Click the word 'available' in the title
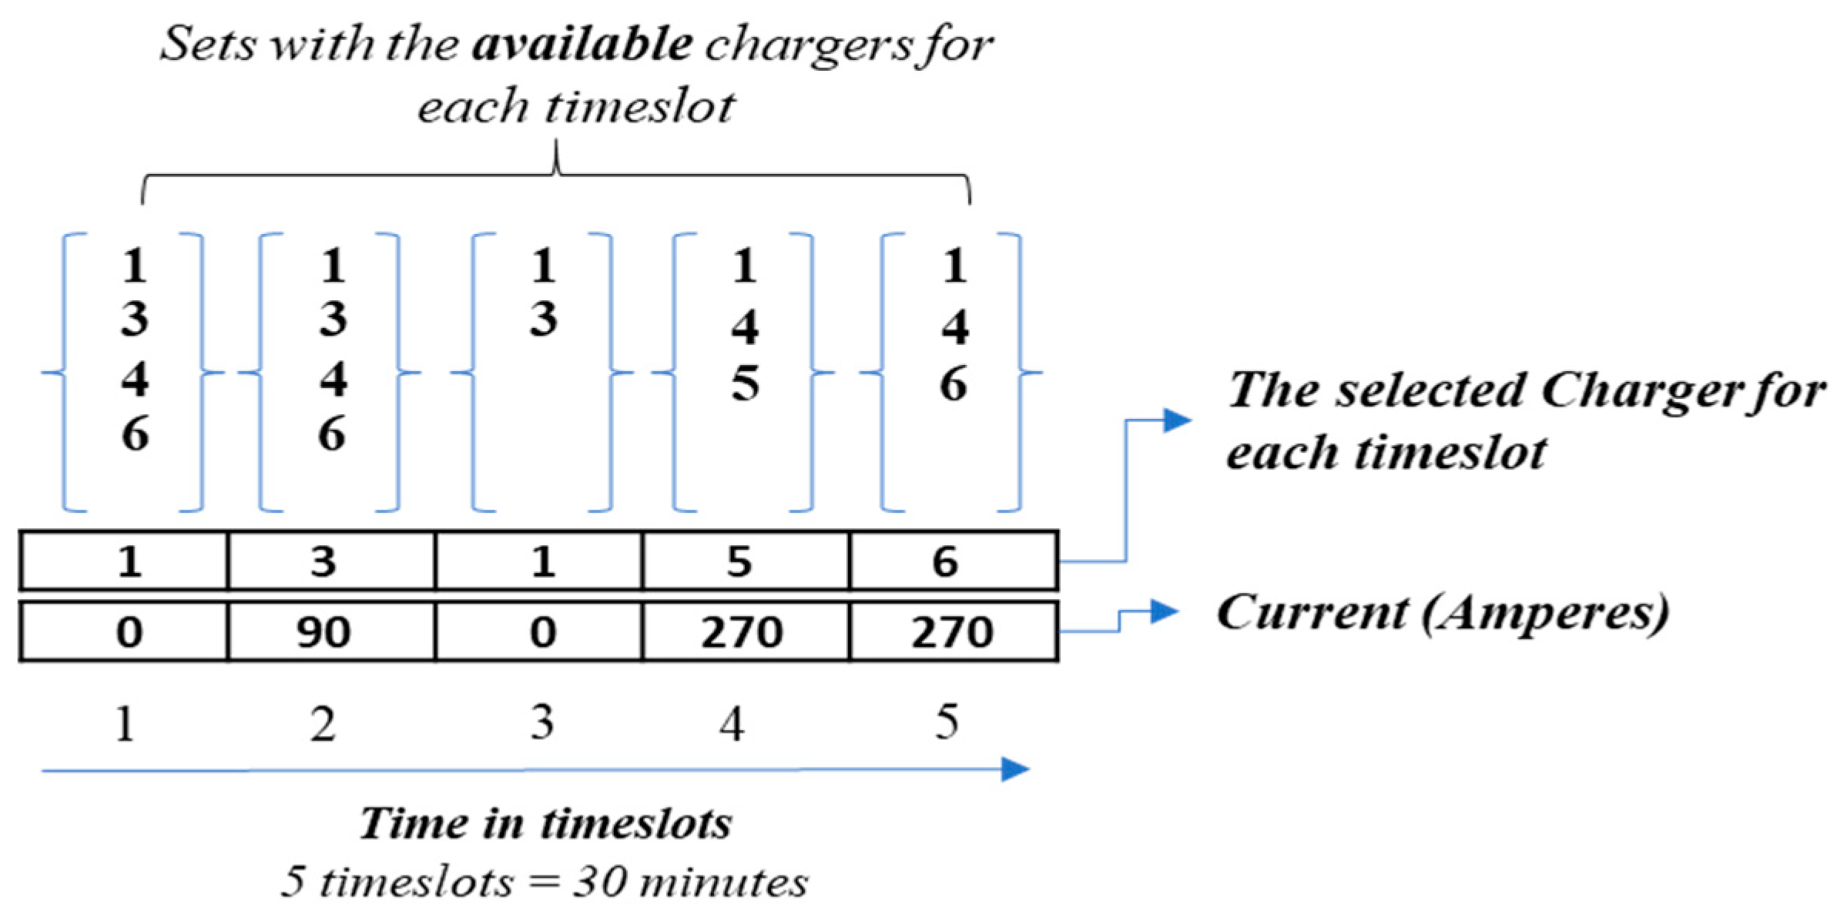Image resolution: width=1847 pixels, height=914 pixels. tap(582, 44)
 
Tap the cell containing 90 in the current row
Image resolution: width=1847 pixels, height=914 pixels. tap(323, 632)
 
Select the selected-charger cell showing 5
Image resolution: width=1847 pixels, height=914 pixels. tap(739, 561)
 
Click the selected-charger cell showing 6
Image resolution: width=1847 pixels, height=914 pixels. tap(946, 561)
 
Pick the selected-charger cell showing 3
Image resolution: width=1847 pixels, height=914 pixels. tap(323, 561)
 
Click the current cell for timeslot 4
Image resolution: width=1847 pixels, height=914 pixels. tap(742, 632)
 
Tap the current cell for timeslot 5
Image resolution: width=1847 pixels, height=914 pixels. tap(952, 632)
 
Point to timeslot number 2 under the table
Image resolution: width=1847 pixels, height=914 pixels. tap(323, 725)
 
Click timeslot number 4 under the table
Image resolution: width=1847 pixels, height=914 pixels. tap(732, 725)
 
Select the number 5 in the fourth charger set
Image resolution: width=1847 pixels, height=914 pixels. tap(745, 383)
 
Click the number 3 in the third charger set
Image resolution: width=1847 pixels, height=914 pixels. tap(543, 319)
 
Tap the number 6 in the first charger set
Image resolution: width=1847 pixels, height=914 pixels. tap(136, 434)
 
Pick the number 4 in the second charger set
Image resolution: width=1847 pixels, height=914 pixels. tap(334, 379)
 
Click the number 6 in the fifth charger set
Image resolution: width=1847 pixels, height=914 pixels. tap(954, 383)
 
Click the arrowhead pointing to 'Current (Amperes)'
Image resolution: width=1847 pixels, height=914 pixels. tap(1165, 611)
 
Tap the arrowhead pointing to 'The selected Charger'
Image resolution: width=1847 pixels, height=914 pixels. tap(1177, 420)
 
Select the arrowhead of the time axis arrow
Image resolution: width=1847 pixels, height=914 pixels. tap(1015, 768)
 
